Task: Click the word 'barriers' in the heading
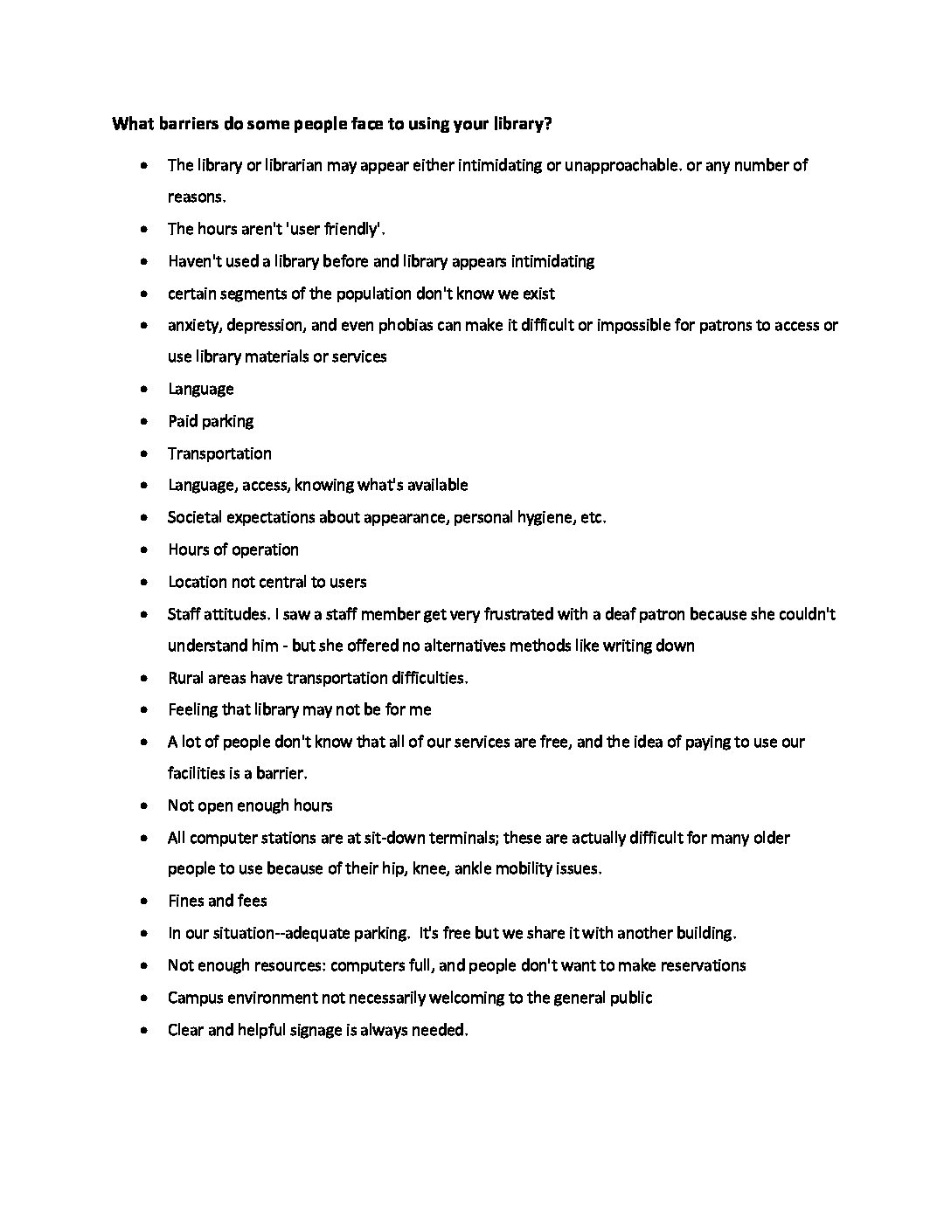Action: (189, 124)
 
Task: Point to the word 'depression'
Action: (264, 325)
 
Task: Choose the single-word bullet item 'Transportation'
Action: (219, 453)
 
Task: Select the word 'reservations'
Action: (701, 965)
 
